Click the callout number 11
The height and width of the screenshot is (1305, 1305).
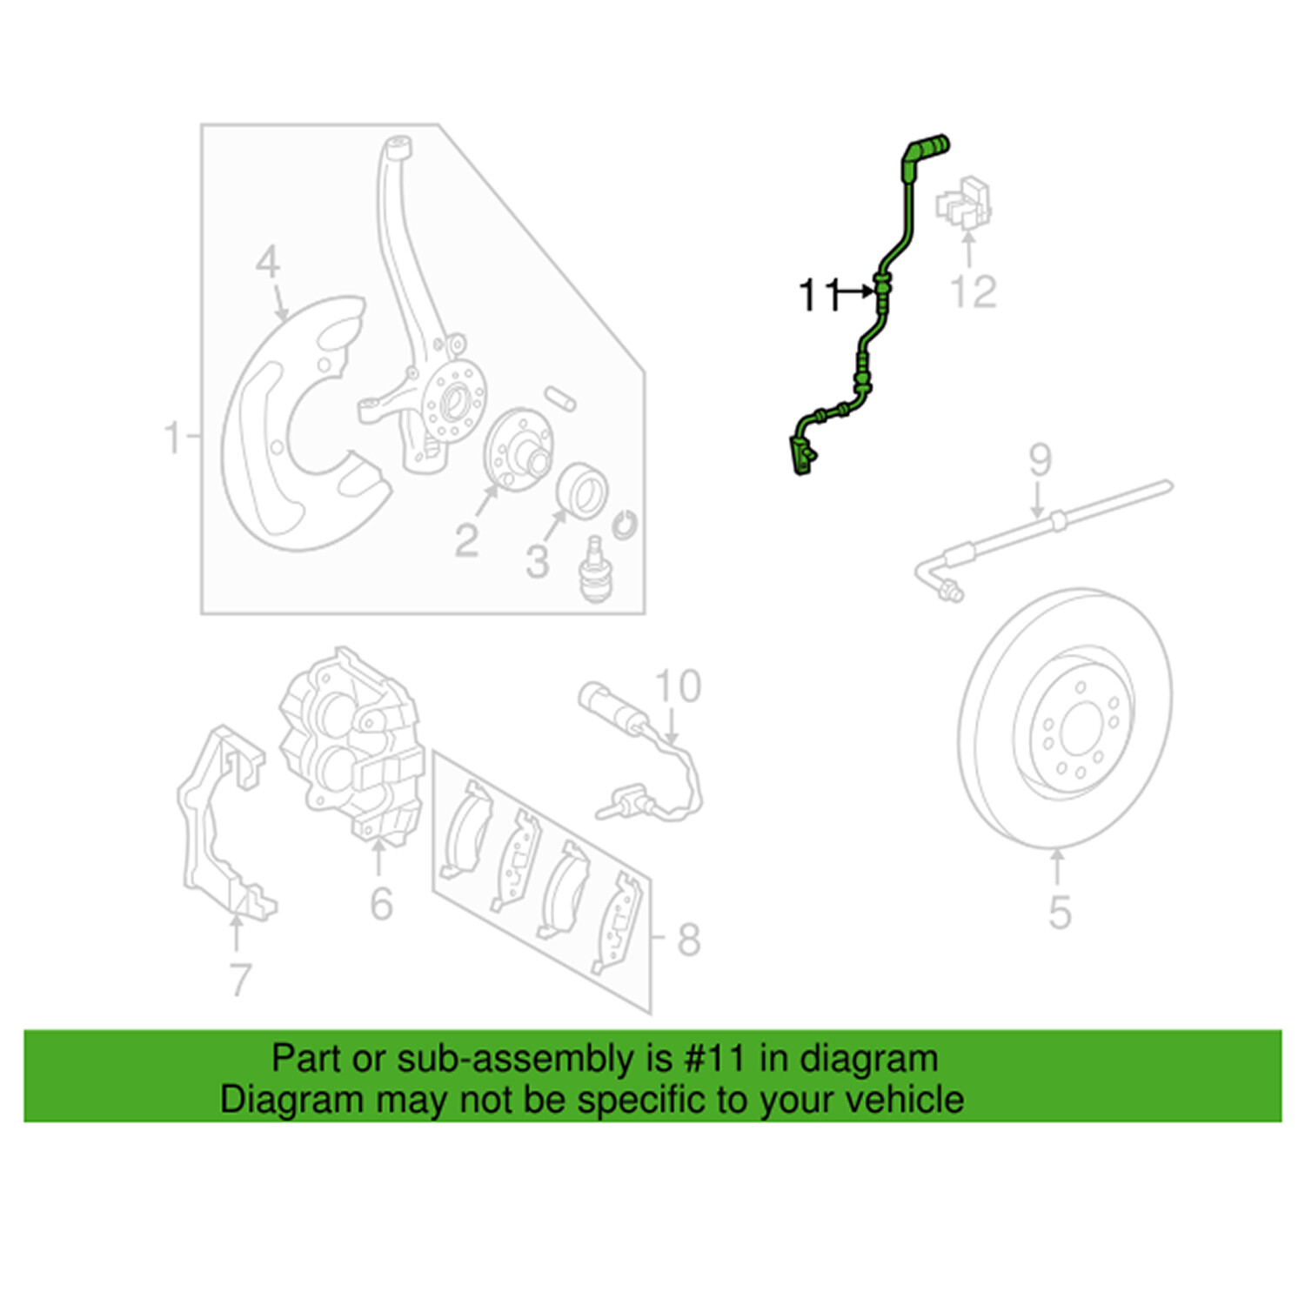(x=818, y=295)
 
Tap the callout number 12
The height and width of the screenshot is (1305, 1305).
(x=973, y=291)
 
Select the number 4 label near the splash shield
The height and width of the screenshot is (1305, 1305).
(x=268, y=262)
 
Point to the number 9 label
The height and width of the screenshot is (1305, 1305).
(x=1040, y=460)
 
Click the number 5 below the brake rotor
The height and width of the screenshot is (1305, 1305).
(x=1059, y=912)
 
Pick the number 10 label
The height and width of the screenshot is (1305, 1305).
(x=678, y=686)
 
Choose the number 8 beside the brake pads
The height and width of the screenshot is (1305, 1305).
(x=688, y=940)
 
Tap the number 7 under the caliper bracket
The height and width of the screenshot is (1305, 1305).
(x=241, y=980)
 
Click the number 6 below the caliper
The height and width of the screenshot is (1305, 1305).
(x=381, y=904)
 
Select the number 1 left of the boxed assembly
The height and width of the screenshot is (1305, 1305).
(x=172, y=437)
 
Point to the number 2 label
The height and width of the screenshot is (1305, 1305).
(x=466, y=541)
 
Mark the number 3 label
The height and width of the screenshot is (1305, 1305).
(x=537, y=562)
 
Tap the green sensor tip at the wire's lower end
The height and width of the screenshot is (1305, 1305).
(x=800, y=457)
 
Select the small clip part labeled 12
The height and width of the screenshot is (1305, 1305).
(x=965, y=204)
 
